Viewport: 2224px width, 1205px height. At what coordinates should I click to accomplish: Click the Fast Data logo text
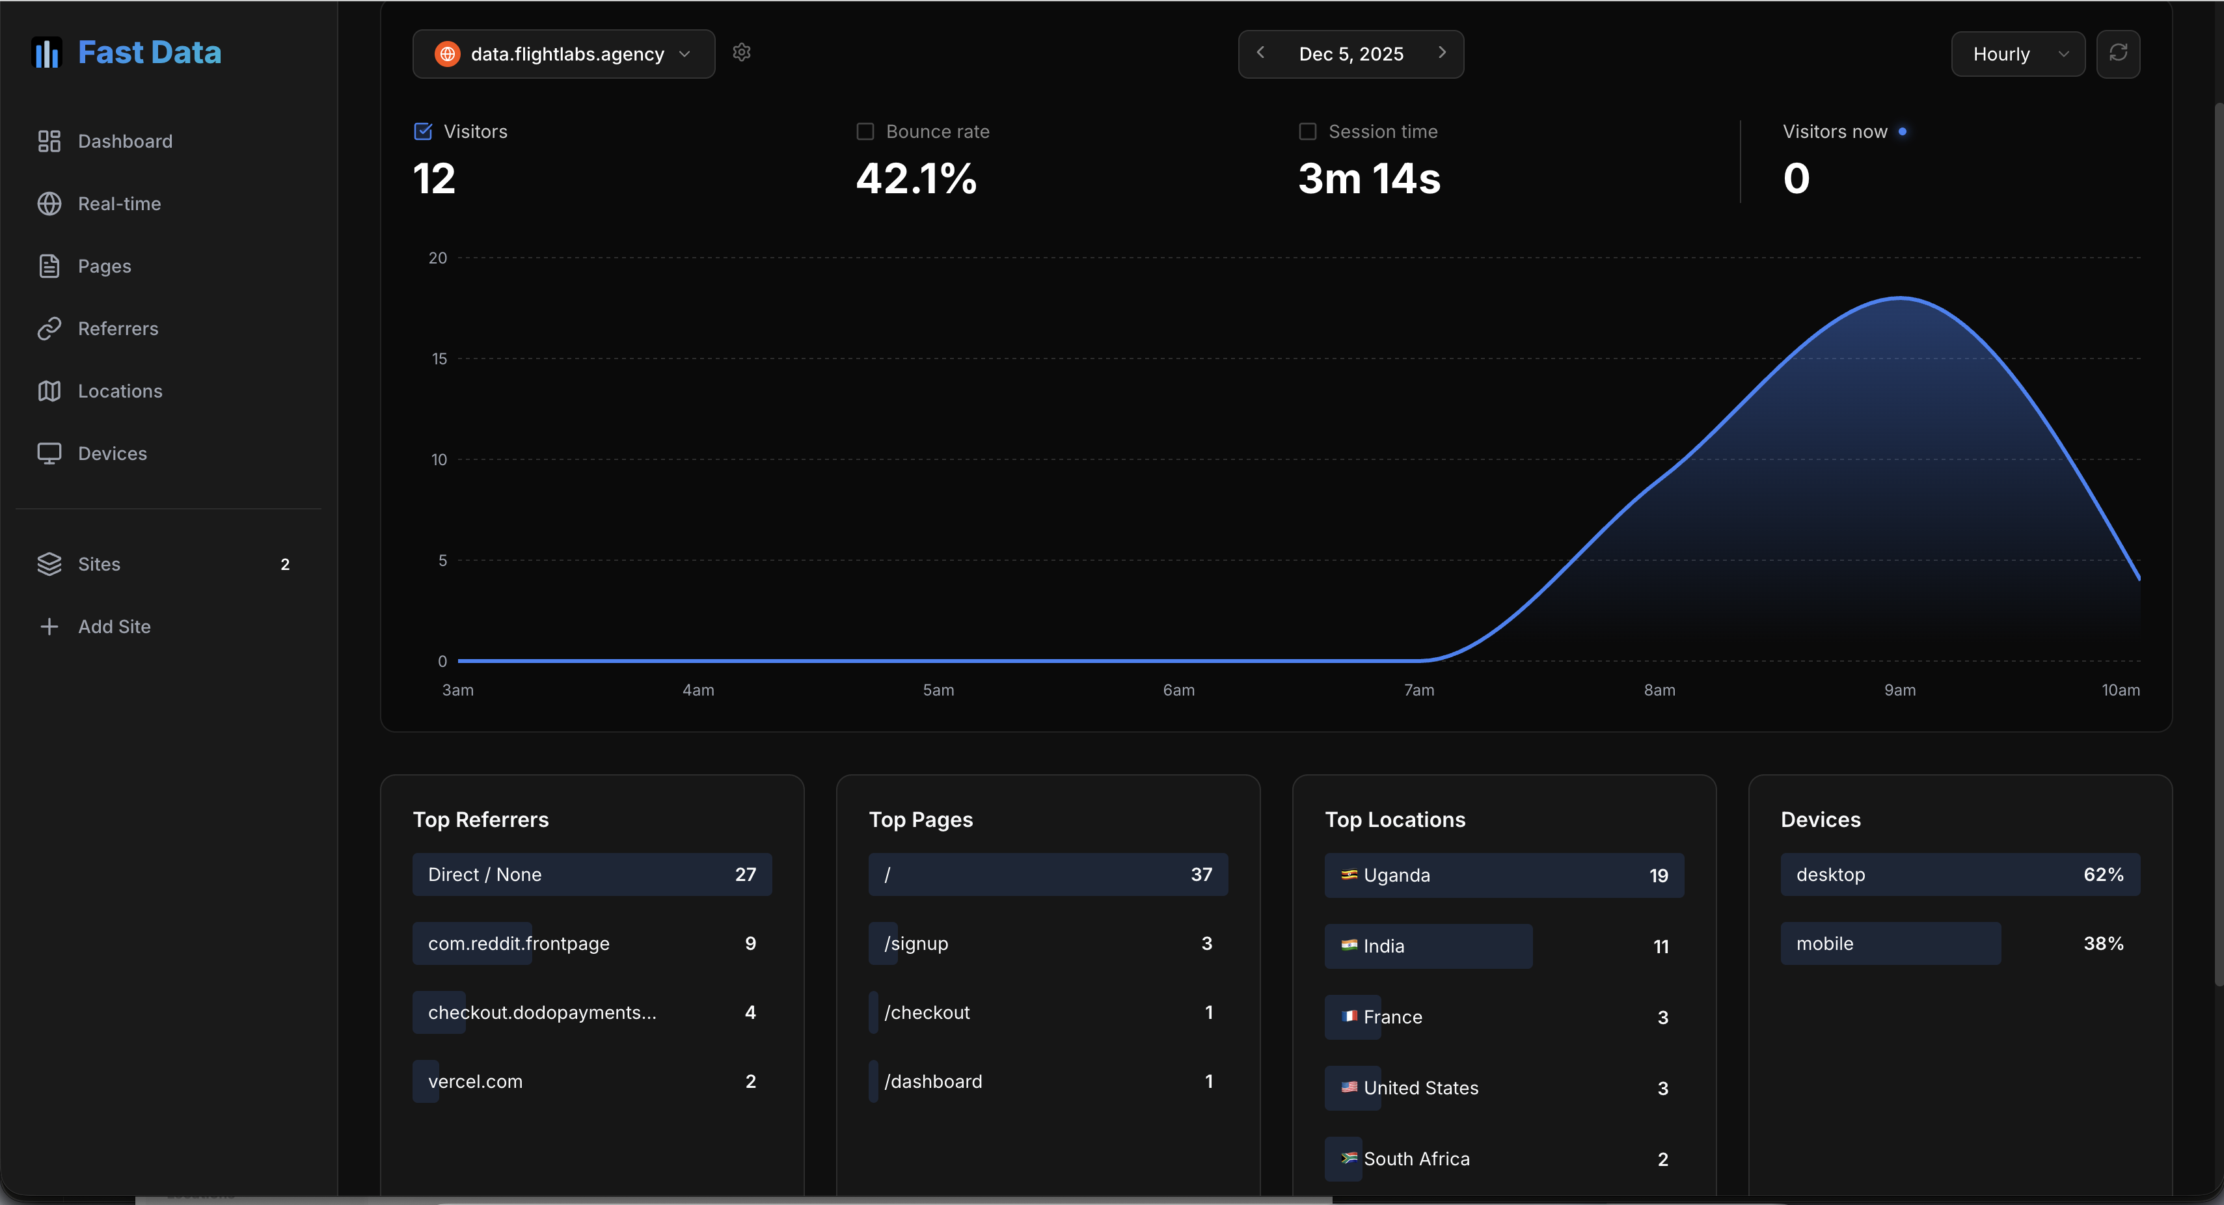click(150, 53)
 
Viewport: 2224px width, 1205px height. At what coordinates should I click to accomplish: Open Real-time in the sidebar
click(119, 204)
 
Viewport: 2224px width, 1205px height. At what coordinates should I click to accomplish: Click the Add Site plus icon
click(49, 627)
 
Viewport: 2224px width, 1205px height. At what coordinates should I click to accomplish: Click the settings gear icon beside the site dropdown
click(742, 53)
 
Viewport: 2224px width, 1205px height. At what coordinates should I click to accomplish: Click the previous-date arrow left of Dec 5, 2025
click(1260, 53)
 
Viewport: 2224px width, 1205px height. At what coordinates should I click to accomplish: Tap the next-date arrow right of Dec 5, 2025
click(1442, 53)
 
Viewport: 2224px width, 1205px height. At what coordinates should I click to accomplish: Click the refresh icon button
click(2118, 53)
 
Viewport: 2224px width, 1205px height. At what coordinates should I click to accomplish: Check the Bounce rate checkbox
click(864, 131)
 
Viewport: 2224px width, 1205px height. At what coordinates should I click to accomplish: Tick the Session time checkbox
click(1307, 131)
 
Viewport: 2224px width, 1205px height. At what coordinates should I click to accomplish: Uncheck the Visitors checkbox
click(423, 131)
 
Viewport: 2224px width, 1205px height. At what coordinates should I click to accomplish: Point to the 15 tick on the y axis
click(439, 359)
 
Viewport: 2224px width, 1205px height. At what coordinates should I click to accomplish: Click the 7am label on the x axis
click(1418, 690)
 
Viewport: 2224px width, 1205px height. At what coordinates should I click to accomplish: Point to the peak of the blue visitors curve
click(1900, 298)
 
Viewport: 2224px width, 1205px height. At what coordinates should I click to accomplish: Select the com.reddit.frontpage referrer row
click(592, 943)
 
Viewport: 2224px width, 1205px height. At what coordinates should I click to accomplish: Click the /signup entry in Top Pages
click(916, 943)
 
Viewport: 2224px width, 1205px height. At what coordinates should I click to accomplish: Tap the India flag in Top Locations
click(1349, 945)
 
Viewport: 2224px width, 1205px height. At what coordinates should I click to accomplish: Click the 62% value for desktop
click(2103, 874)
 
